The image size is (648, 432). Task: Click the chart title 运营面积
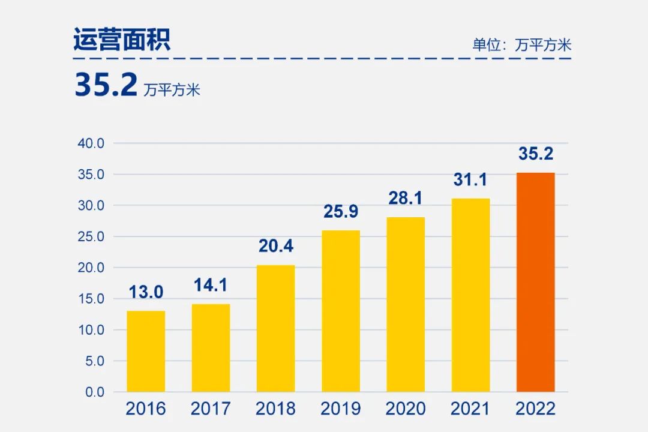pos(122,40)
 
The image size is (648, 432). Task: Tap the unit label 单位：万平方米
pos(521,45)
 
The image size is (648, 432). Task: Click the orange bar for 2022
pos(536,282)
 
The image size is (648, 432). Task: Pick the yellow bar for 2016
pos(146,351)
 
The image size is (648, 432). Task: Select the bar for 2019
pos(341,311)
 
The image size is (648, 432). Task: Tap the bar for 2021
pos(470,295)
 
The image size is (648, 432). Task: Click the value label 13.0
pos(146,292)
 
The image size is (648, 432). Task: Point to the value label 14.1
pos(211,286)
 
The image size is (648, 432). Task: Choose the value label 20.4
pos(276,246)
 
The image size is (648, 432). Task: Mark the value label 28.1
pos(406,198)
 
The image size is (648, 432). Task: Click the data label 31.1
pos(470,179)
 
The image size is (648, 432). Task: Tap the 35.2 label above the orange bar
pos(536,154)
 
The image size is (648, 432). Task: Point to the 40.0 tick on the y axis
pos(91,143)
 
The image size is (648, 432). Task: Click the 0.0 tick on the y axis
pos(94,392)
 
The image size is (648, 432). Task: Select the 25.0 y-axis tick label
pos(91,236)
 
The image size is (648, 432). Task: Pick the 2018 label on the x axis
pos(276,409)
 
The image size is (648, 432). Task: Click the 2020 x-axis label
pos(406,409)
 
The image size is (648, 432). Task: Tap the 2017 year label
pos(211,409)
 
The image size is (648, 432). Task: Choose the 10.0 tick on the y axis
pos(91,330)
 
